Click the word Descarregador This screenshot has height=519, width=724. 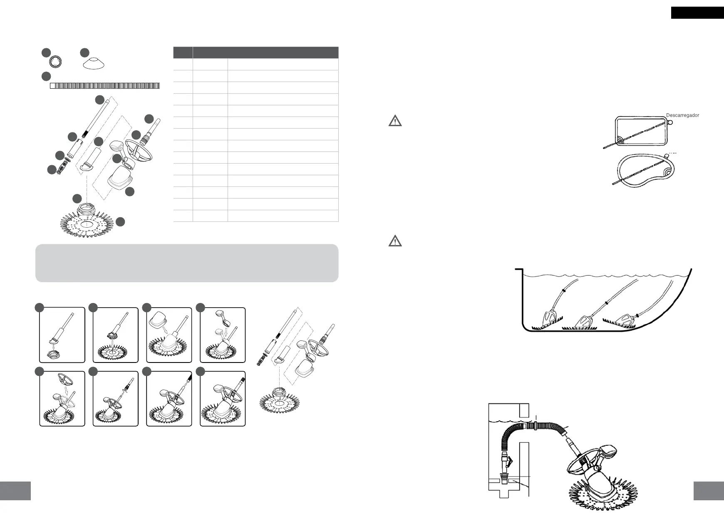tap(682, 115)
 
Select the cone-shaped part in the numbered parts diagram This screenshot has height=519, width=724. tap(93, 64)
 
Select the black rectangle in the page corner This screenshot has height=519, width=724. tap(697, 13)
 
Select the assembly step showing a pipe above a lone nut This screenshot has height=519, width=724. tap(62, 335)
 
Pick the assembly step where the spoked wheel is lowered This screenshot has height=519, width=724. tap(62, 399)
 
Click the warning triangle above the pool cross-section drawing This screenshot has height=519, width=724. tap(395, 241)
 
